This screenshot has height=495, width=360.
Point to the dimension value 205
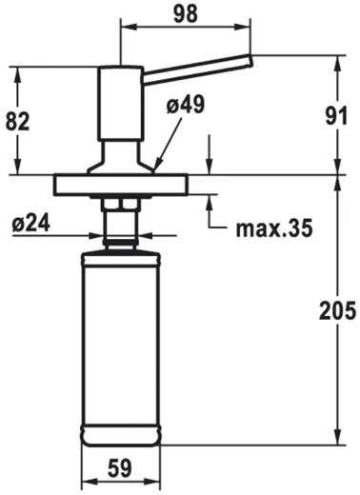[x=337, y=310]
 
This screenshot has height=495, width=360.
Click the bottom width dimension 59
[x=119, y=469]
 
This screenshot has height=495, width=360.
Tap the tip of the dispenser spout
[x=249, y=62]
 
